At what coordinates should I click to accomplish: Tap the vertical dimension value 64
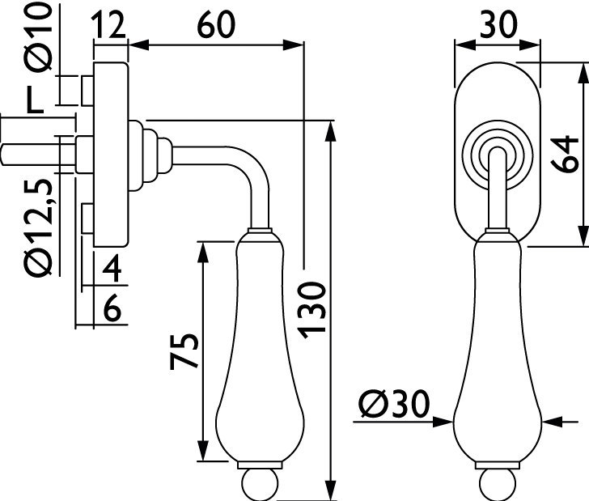[x=566, y=153]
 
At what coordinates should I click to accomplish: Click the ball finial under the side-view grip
[x=260, y=484]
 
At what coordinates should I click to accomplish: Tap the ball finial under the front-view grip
[x=496, y=484]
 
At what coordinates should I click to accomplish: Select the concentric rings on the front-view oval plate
[x=496, y=151]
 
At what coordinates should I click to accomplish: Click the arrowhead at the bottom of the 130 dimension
[x=331, y=491]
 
